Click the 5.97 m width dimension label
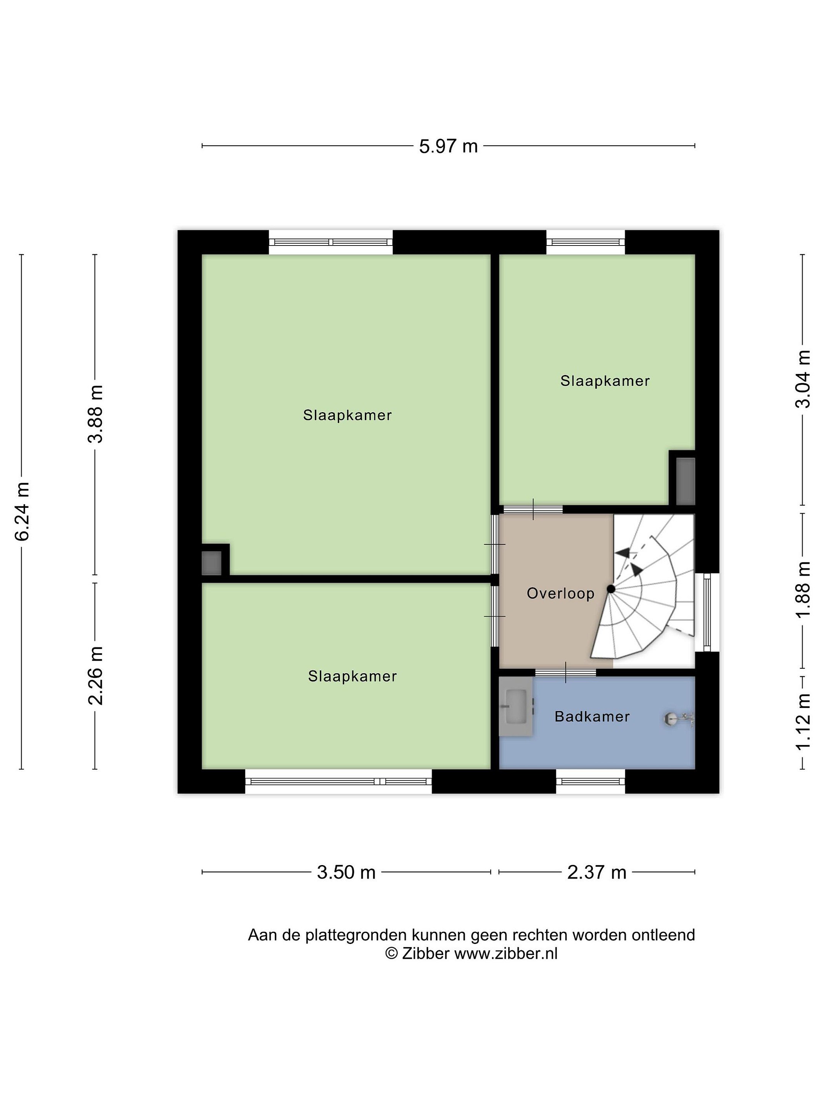pos(448,146)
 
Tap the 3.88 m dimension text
pos(95,414)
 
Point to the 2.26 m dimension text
pos(95,676)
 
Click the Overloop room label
pos(560,593)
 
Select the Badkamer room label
pos(592,716)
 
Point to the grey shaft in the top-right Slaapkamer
pos(686,481)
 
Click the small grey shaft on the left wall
pos(211,563)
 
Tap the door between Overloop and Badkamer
pos(566,673)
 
